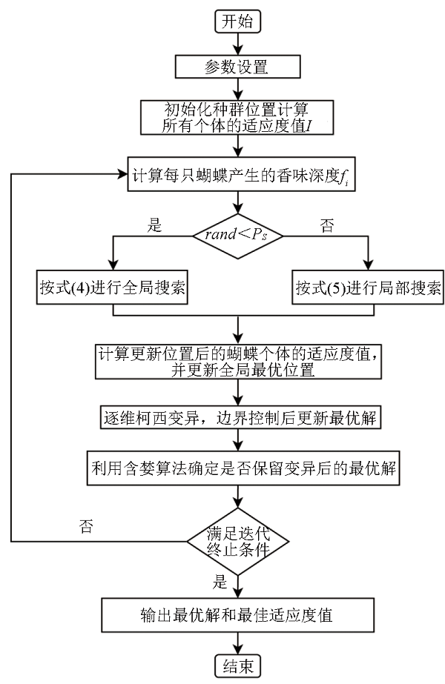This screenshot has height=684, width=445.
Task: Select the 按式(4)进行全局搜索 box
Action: (x=112, y=285)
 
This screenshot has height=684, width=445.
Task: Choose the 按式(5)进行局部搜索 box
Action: (x=366, y=285)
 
